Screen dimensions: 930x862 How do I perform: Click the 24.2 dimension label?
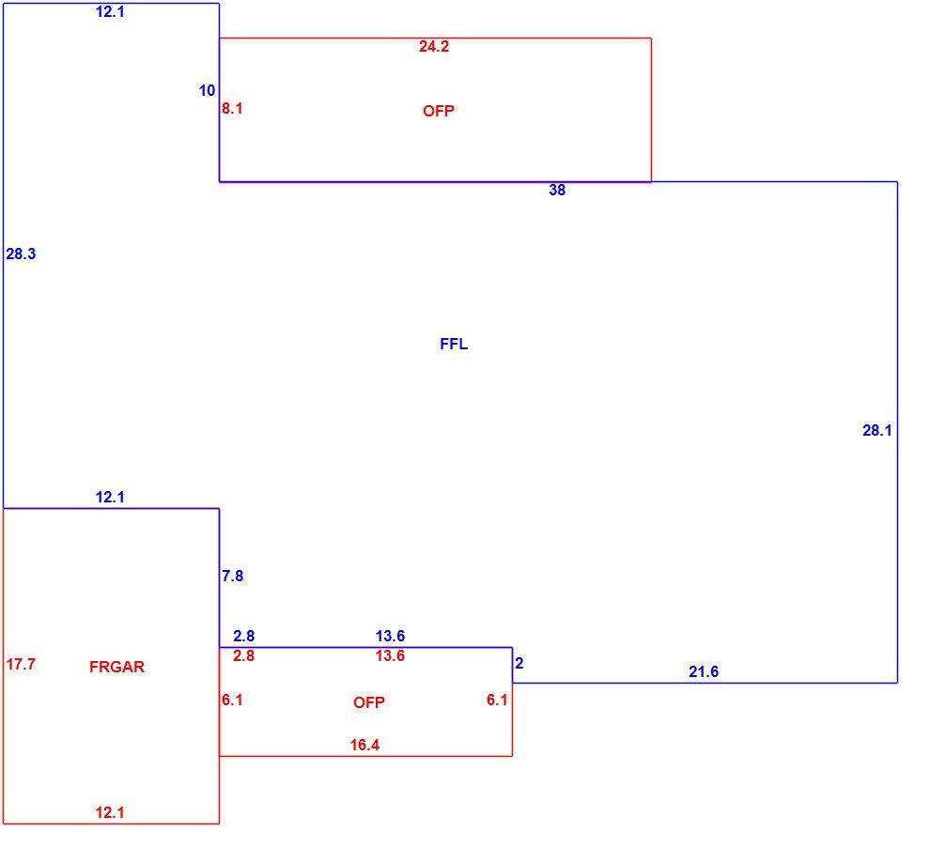pyautogui.click(x=434, y=46)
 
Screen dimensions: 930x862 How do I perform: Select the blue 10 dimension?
pyautogui.click(x=207, y=91)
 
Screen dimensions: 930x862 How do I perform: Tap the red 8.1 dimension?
pyautogui.click(x=232, y=109)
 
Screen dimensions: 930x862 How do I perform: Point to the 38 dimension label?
pyautogui.click(x=557, y=190)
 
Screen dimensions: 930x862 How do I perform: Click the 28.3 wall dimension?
pyautogui.click(x=21, y=254)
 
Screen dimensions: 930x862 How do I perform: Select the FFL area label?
pyautogui.click(x=454, y=344)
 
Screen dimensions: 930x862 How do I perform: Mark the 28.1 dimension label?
pyautogui.click(x=876, y=430)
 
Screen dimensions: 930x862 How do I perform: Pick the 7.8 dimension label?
pyautogui.click(x=233, y=576)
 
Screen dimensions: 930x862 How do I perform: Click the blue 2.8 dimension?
pyautogui.click(x=243, y=636)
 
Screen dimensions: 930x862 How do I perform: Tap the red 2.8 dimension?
pyautogui.click(x=243, y=655)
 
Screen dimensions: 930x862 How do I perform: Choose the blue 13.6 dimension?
pyautogui.click(x=390, y=636)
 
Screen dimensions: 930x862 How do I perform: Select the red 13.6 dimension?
pyautogui.click(x=390, y=655)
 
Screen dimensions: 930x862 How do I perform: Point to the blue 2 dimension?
pyautogui.click(x=519, y=663)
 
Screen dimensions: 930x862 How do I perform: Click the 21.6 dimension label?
pyautogui.click(x=704, y=671)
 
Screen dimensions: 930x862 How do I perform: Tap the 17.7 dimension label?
pyautogui.click(x=21, y=665)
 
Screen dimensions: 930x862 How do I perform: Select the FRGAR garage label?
pyautogui.click(x=116, y=667)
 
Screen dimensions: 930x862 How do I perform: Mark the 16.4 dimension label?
pyautogui.click(x=364, y=745)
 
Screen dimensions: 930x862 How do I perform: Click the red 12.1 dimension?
pyautogui.click(x=110, y=812)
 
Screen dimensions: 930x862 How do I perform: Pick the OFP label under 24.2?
pyautogui.click(x=439, y=111)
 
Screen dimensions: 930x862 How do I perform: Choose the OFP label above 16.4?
pyautogui.click(x=369, y=702)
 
